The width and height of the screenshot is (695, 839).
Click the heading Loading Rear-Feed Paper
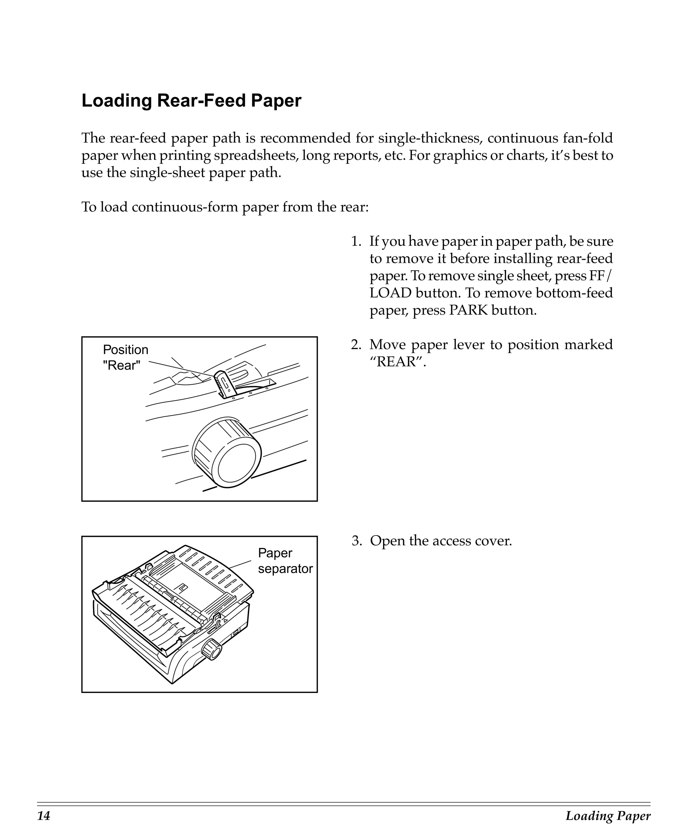(x=191, y=101)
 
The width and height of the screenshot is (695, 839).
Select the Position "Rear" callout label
(x=125, y=357)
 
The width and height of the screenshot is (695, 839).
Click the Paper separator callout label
(x=285, y=561)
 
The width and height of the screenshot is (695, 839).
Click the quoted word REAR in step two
(x=398, y=362)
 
